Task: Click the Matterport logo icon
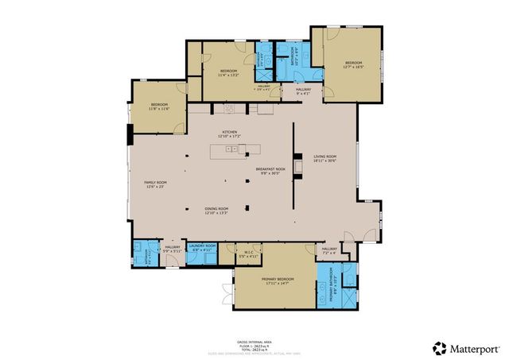coord(438,347)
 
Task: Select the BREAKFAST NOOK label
coord(270,170)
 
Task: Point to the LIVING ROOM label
coord(325,158)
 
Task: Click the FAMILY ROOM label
coord(154,184)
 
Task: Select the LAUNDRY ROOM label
coord(202,247)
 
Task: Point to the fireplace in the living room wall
coord(297,167)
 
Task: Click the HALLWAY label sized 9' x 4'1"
coord(303,91)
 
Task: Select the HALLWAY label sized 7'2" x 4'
coord(329,250)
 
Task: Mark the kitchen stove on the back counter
coord(229,109)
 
